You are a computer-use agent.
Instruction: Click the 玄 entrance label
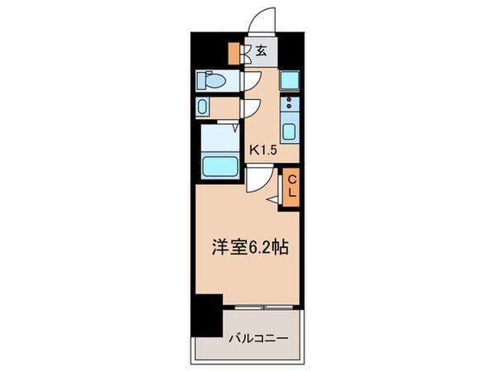tap(261, 52)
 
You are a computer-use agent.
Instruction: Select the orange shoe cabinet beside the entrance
tap(234, 52)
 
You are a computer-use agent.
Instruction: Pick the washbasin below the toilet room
tap(206, 107)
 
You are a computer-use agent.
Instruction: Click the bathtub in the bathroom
tap(220, 165)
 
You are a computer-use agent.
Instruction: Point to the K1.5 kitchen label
tap(265, 150)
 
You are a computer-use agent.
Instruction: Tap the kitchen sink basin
tap(290, 131)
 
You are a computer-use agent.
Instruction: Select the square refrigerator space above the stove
tap(290, 80)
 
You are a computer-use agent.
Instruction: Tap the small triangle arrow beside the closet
tap(273, 199)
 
